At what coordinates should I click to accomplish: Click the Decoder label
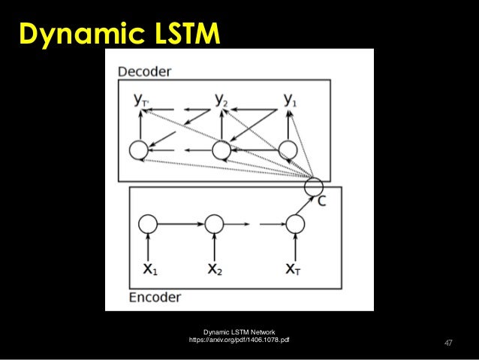coord(145,71)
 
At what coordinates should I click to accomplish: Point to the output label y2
coord(221,98)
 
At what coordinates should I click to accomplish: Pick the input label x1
coord(149,268)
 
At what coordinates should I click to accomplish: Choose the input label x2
coord(215,268)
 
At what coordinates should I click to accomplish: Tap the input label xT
coord(294,268)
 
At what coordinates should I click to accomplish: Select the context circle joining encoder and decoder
coord(315,185)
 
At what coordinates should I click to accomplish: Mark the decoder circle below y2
coord(221,150)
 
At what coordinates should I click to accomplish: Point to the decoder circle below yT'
coord(138,150)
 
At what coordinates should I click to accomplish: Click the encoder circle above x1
coord(148,223)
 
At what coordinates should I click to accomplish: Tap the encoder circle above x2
coord(214,223)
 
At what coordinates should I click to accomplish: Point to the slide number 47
coord(448,343)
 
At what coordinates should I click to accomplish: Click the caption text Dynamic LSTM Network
coord(239,331)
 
